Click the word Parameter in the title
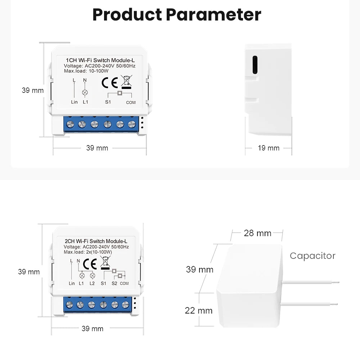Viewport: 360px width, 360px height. [x=214, y=15]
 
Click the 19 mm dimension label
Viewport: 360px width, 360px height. [x=269, y=148]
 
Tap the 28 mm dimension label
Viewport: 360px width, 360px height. [x=257, y=233]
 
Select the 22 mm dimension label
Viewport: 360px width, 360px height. [x=199, y=310]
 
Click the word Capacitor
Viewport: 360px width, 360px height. [x=312, y=256]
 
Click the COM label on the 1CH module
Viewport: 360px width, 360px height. [x=131, y=103]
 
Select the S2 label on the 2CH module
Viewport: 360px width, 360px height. [x=114, y=284]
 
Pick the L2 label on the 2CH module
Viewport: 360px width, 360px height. [x=92, y=284]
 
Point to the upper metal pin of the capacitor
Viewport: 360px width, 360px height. [x=311, y=282]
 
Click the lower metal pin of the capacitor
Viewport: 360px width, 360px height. [x=311, y=304]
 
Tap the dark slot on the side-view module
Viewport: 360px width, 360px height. [x=255, y=65]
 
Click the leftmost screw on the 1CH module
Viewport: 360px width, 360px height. [x=71, y=125]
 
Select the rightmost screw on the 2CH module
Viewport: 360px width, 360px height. [x=125, y=305]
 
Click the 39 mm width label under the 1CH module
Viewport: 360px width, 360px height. [x=97, y=148]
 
